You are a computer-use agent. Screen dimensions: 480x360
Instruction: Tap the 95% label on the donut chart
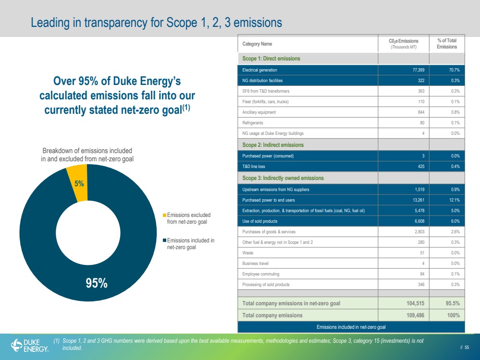point(97,283)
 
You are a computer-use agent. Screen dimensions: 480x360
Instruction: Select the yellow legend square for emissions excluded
point(164,216)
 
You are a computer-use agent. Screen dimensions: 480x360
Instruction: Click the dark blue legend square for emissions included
point(164,240)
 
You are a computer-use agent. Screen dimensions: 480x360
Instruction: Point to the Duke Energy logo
point(30,346)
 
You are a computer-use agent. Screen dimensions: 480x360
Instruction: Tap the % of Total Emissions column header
point(447,43)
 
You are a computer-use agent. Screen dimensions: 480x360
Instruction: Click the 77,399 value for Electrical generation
point(418,70)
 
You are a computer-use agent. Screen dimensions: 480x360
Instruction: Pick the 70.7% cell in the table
point(454,70)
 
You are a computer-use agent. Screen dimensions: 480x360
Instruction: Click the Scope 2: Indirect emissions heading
point(273,144)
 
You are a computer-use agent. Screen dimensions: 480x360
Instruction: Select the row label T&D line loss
point(254,167)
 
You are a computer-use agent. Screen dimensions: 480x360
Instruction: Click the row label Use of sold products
point(259,221)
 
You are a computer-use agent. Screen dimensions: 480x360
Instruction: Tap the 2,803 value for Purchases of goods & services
point(419,232)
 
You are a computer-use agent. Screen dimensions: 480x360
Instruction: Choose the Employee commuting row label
point(260,274)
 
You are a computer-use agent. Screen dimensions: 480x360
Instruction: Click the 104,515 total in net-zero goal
point(416,303)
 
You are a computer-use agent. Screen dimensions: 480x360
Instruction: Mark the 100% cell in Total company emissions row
point(454,315)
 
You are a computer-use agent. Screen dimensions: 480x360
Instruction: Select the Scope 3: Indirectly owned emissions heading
point(283,178)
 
